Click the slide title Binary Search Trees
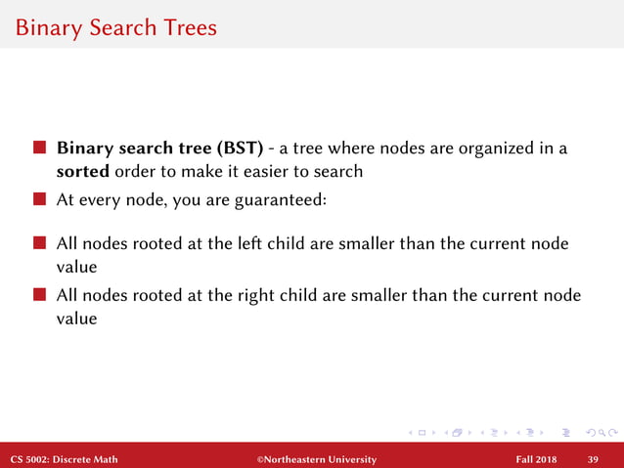115,27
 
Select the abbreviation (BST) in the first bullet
233,150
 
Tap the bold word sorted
82,172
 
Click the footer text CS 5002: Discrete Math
65,458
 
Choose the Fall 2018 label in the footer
538,458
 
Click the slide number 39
593,458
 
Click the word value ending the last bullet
76,318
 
